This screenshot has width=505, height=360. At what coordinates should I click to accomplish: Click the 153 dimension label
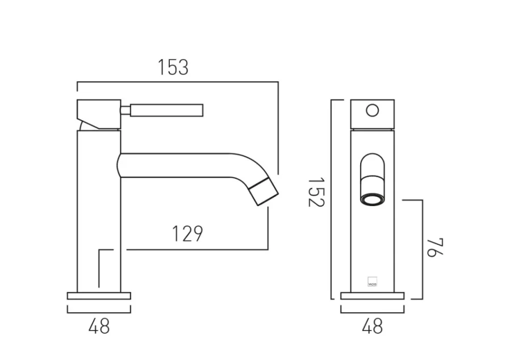click(173, 67)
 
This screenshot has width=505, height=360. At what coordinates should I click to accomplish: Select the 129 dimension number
click(187, 233)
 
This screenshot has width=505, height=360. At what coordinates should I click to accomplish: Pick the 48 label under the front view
click(372, 326)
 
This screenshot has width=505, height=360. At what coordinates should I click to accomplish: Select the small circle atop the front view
click(372, 110)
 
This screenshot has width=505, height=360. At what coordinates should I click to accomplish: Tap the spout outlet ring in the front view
click(372, 199)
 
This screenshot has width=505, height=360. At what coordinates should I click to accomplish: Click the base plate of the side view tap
click(99, 296)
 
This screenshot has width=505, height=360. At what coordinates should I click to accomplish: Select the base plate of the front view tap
click(372, 296)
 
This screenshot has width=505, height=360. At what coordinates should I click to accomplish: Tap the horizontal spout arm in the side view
click(182, 165)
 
